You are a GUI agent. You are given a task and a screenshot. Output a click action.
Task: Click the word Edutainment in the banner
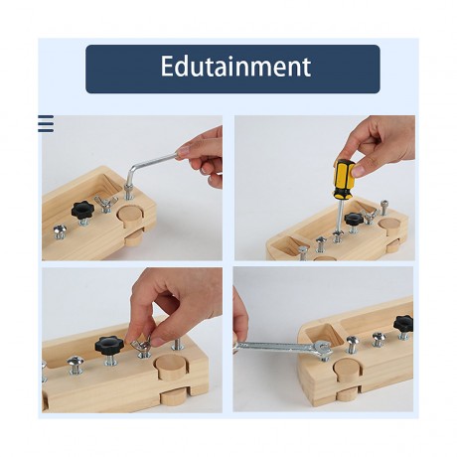coord(235,68)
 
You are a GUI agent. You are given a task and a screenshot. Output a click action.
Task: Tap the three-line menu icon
coord(46,124)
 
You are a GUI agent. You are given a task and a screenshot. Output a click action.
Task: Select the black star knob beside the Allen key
coord(81,210)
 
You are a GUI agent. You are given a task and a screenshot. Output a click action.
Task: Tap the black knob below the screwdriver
coord(354,219)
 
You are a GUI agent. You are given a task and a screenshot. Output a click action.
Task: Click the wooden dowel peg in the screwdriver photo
coord(388,226)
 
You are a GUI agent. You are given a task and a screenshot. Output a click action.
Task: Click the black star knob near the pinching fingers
coord(108,345)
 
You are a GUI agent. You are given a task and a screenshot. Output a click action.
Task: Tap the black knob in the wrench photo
coord(402,324)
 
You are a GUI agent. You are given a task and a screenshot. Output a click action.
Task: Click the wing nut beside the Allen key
coord(106,204)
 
